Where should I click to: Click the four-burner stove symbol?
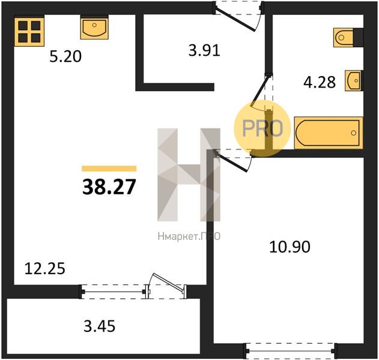click(x=29, y=32)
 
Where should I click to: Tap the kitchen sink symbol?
click(x=94, y=28)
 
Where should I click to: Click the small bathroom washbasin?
click(x=354, y=80)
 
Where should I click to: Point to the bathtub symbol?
click(x=329, y=133)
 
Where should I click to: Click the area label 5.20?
click(x=65, y=57)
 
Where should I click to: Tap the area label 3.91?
click(x=204, y=51)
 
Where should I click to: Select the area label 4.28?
click(x=320, y=82)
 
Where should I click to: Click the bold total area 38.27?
click(x=109, y=187)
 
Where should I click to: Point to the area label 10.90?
click(x=290, y=247)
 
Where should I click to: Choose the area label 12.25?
click(x=45, y=269)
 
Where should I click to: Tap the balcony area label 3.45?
click(x=99, y=326)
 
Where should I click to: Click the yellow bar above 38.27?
click(x=109, y=169)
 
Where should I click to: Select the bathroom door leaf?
click(x=260, y=91)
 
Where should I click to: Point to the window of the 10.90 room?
click(x=290, y=351)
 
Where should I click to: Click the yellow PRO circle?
click(x=262, y=128)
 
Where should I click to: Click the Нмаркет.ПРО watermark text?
click(x=189, y=236)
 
